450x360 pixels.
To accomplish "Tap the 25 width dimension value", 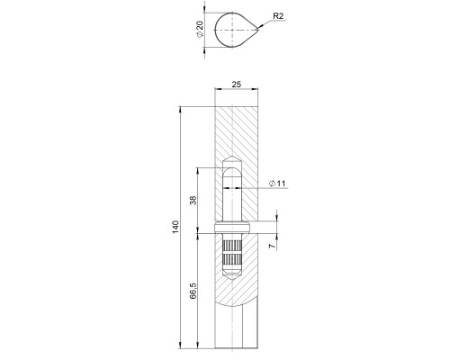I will pos(237,84).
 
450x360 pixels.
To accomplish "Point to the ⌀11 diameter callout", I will pos(277,184).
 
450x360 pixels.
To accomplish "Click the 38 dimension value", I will pos(193,200).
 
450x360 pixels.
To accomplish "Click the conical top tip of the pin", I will pos(231,162).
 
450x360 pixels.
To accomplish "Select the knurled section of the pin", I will pos(231,256).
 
